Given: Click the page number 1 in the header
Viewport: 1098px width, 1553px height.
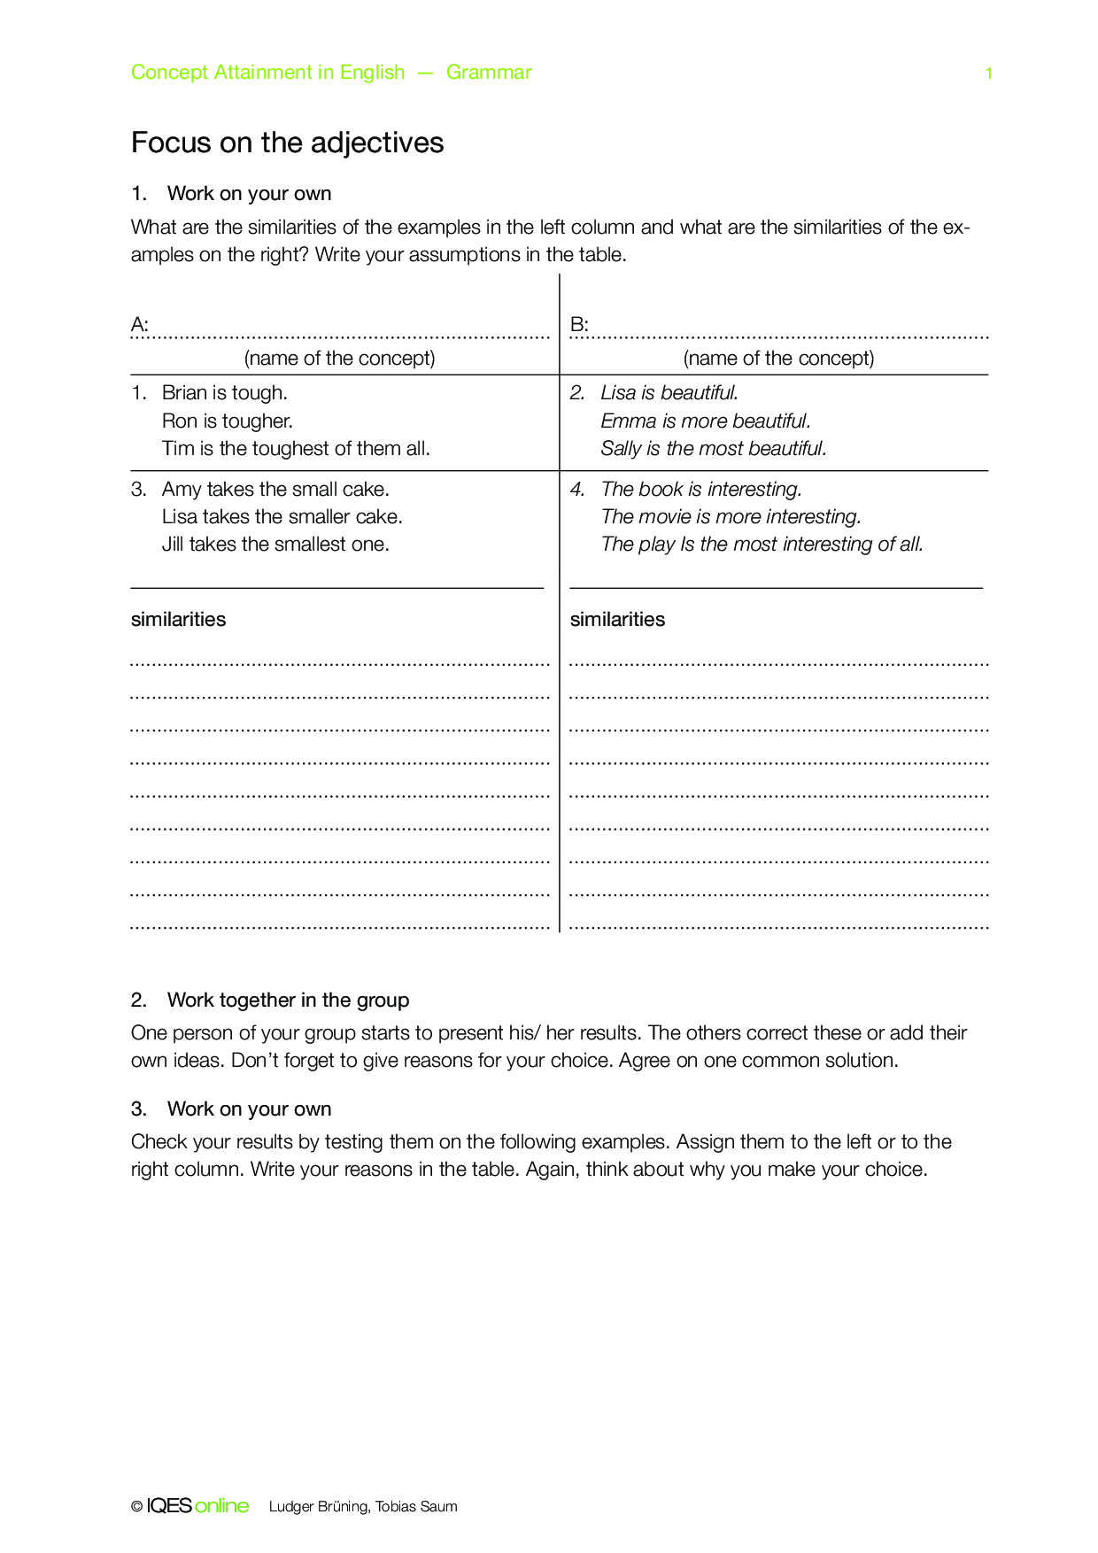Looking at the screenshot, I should (988, 73).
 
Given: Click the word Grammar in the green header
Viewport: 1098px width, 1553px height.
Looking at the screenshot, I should (489, 73).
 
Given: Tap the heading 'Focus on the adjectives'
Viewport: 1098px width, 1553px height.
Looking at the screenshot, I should (287, 143).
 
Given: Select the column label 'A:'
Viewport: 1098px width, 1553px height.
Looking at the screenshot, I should (140, 325).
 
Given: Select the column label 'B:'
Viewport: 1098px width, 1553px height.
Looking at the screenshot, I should (579, 325).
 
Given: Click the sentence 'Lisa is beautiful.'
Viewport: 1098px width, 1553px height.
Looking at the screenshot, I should (669, 393).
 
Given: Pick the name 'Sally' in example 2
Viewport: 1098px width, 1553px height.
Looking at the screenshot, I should (621, 449).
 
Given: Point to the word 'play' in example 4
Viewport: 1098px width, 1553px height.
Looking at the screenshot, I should (656, 545).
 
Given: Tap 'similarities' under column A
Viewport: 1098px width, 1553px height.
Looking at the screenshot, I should (178, 620).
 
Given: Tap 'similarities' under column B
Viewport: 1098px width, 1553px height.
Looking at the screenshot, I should (617, 620).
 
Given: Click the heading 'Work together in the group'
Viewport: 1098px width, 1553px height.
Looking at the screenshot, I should (288, 1001).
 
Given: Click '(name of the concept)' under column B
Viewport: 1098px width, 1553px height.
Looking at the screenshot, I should (778, 359).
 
